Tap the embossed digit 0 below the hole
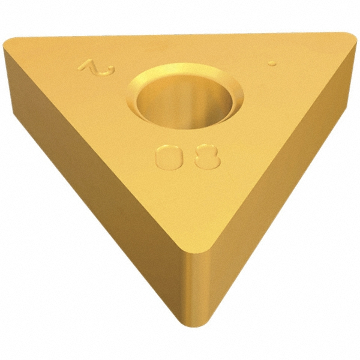point(166,158)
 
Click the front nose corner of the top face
point(191,246)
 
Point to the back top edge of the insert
point(180,35)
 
